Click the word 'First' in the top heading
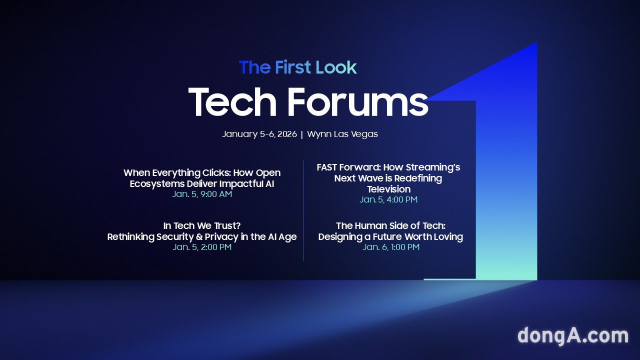coord(293,67)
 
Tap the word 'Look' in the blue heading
coord(336,67)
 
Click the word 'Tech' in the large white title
coord(232,102)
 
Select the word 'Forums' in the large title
coord(358,102)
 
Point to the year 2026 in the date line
coord(287,134)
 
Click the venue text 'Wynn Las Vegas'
coord(342,134)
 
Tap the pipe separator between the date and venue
coord(302,134)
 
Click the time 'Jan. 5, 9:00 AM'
coord(202,194)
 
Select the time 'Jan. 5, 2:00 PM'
coord(202,247)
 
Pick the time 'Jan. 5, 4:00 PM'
coord(388,199)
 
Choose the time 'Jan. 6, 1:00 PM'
coord(391,247)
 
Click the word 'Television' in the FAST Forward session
coord(389,189)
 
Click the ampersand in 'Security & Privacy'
coord(199,237)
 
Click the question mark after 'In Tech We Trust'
coord(238,225)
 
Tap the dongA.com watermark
coord(573,335)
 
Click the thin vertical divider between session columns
coord(303,210)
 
